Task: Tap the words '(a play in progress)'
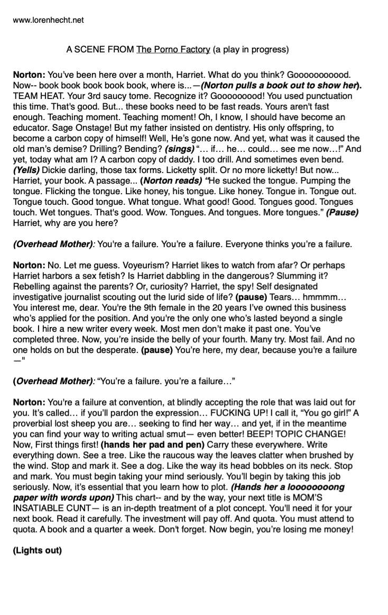[x=251, y=50]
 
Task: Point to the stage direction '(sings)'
[x=180, y=149]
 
